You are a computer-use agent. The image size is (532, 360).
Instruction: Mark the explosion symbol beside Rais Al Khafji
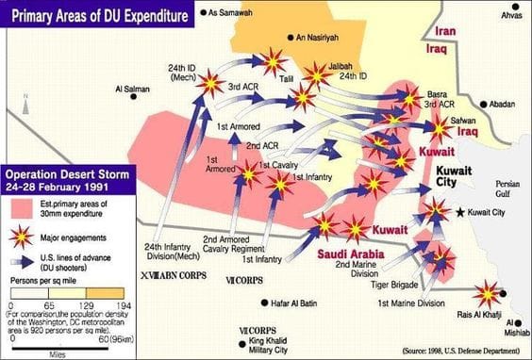click(489, 294)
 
